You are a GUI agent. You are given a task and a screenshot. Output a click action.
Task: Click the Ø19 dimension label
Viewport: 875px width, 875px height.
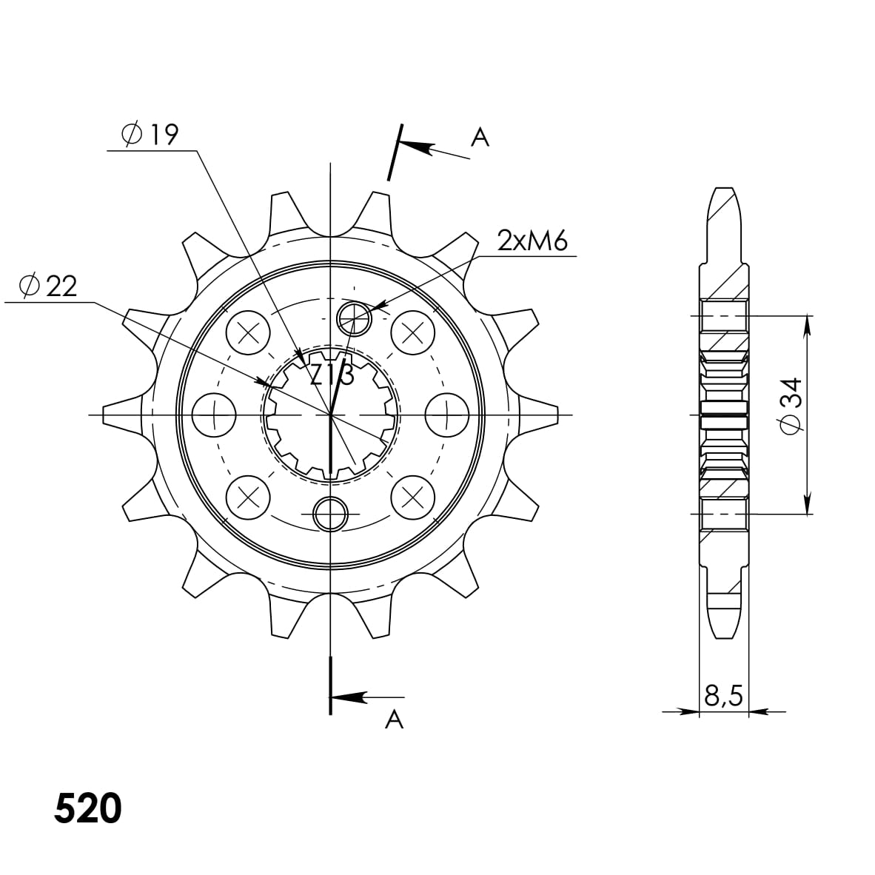pos(150,135)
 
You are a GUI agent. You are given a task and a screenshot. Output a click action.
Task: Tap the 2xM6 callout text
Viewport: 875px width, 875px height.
pos(532,241)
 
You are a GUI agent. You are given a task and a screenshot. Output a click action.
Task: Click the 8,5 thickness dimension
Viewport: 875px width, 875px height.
pos(723,696)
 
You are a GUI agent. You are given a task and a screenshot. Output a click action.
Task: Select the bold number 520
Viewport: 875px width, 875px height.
pos(87,809)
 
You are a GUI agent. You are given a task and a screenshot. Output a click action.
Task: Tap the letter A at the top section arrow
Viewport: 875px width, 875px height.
pos(480,137)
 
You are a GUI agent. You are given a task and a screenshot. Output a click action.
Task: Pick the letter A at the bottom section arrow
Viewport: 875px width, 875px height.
pos(394,718)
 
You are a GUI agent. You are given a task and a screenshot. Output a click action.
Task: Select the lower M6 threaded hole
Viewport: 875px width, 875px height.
pos(330,513)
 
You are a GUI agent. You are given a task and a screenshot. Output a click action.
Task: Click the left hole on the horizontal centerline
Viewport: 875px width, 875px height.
pos(213,414)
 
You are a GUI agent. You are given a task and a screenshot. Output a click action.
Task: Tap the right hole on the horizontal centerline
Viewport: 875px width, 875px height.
pos(448,414)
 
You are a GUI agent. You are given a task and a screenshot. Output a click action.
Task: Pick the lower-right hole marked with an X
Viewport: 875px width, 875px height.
pos(412,497)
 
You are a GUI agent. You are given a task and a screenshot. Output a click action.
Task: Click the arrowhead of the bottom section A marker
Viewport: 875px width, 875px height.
pos(348,697)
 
